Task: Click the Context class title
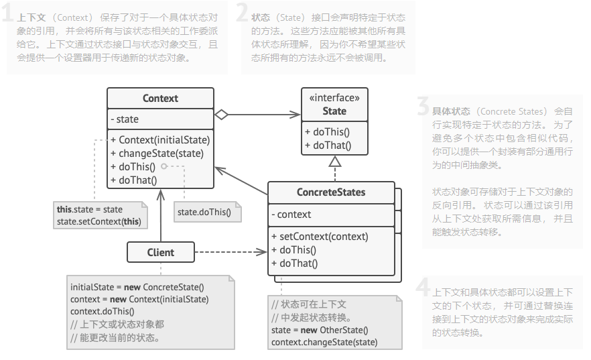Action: coord(160,99)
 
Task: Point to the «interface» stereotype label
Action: coord(334,98)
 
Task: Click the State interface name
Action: coord(334,111)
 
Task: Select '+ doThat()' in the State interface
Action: coord(328,145)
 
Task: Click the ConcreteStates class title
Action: coord(331,192)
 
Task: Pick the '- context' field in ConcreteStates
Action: coord(291,215)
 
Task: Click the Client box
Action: coord(160,253)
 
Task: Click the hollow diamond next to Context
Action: coord(222,115)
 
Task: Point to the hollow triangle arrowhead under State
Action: coord(334,161)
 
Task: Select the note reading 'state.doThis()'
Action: coord(204,213)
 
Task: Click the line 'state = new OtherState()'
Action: coord(320,330)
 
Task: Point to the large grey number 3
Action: coord(422,107)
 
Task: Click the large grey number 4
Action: coord(422,288)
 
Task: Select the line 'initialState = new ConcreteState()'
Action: coord(137,287)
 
